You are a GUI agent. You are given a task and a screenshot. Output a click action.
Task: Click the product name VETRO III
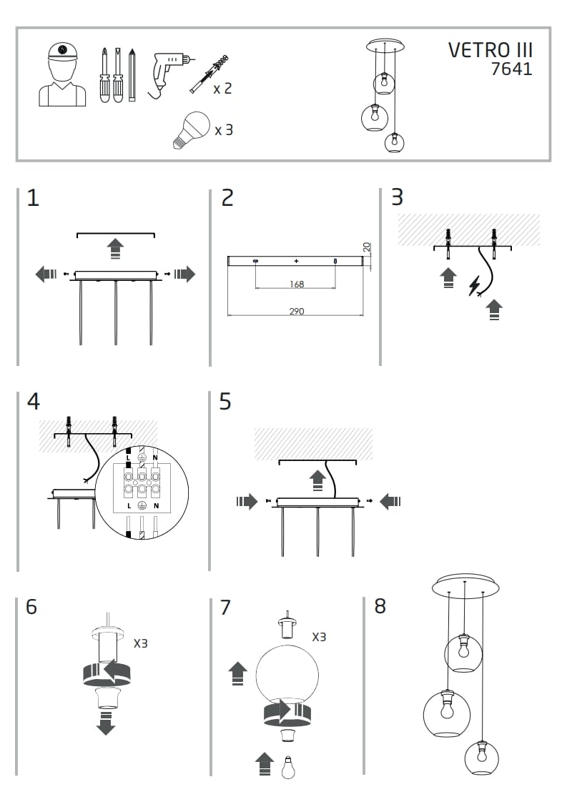[x=490, y=49]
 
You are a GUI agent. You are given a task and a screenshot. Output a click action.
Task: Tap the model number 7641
[x=511, y=69]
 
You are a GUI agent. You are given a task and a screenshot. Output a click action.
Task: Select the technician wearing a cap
[x=62, y=74]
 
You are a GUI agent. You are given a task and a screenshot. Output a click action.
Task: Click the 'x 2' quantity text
[x=222, y=89]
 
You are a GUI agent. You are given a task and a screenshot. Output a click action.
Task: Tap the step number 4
[x=33, y=402]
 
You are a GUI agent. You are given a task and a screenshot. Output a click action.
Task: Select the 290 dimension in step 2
[x=296, y=311]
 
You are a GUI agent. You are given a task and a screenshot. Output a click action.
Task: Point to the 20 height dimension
[x=366, y=247]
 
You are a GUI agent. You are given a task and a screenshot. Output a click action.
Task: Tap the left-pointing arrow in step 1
[x=46, y=273]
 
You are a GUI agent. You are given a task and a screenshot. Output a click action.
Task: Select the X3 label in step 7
[x=319, y=636]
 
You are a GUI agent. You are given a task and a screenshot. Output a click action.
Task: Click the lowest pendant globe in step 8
[x=480, y=758]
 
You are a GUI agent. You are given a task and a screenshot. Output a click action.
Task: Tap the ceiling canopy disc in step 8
[x=465, y=585]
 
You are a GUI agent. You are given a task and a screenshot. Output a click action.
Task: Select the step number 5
[x=225, y=402]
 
